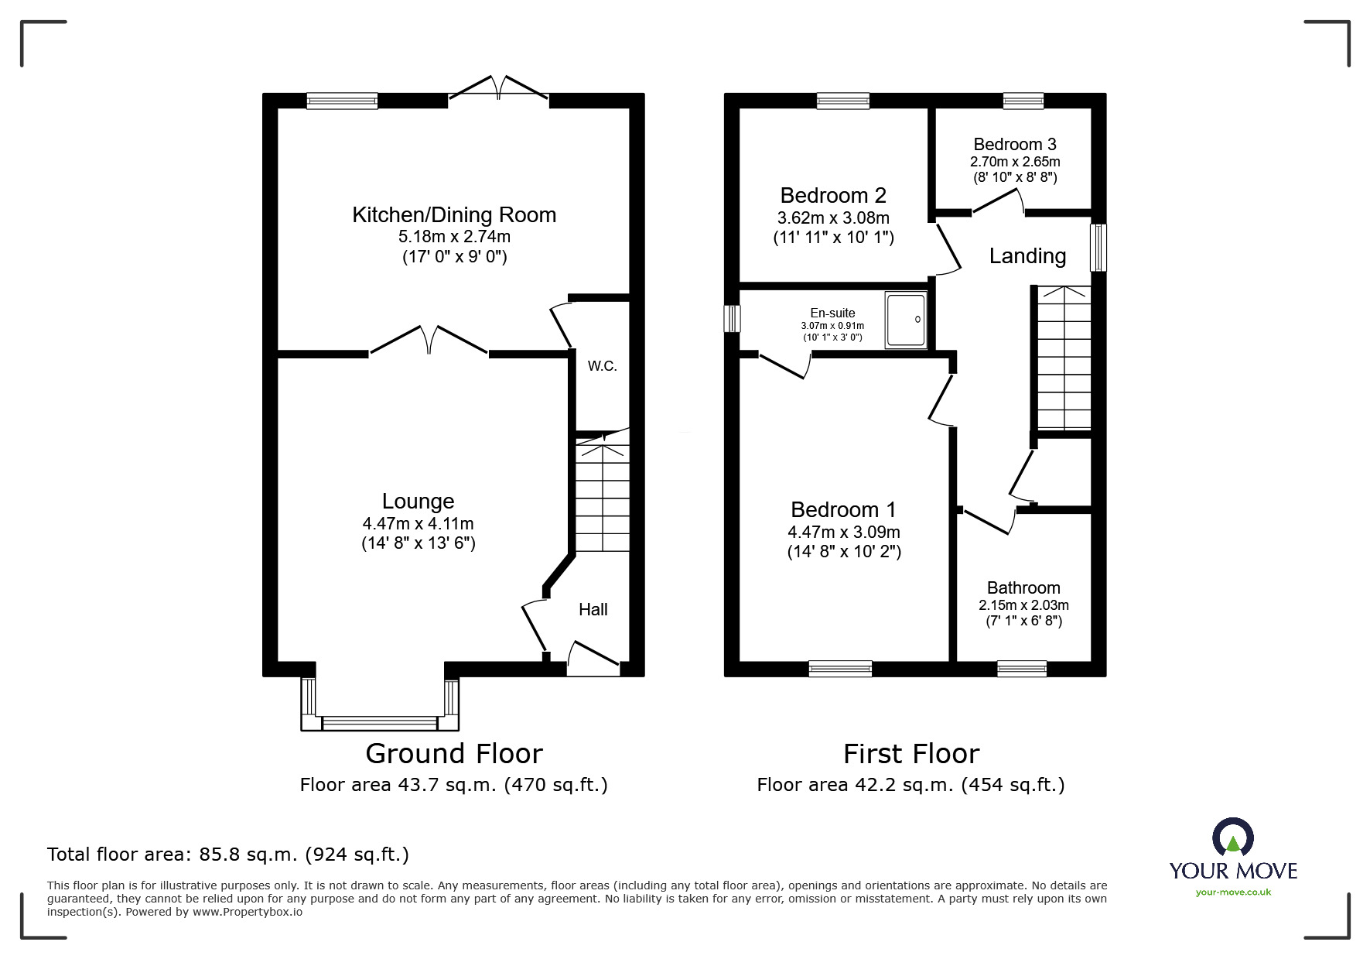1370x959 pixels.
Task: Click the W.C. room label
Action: click(x=602, y=366)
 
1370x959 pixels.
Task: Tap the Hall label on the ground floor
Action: click(x=593, y=610)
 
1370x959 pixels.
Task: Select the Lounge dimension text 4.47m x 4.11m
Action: click(x=418, y=524)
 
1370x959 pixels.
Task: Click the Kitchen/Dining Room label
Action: click(x=454, y=215)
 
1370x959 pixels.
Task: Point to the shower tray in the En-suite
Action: click(x=905, y=319)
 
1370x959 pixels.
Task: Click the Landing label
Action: click(x=1027, y=256)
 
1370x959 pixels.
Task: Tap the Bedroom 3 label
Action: click(x=1014, y=145)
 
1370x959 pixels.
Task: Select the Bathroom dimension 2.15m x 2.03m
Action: click(x=1023, y=605)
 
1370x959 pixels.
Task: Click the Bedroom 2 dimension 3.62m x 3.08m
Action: click(x=833, y=218)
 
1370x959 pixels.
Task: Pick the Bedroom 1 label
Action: click(x=843, y=510)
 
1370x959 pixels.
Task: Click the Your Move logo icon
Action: click(x=1232, y=838)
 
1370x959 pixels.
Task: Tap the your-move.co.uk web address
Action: click(x=1233, y=892)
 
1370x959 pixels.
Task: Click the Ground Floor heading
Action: click(x=454, y=754)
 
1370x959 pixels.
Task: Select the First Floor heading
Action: click(x=910, y=754)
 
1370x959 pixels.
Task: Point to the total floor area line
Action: click(x=228, y=855)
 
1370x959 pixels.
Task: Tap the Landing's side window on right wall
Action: click(x=1098, y=248)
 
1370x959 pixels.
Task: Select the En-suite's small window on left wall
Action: click(x=732, y=319)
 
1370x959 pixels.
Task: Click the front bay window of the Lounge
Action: click(x=379, y=723)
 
